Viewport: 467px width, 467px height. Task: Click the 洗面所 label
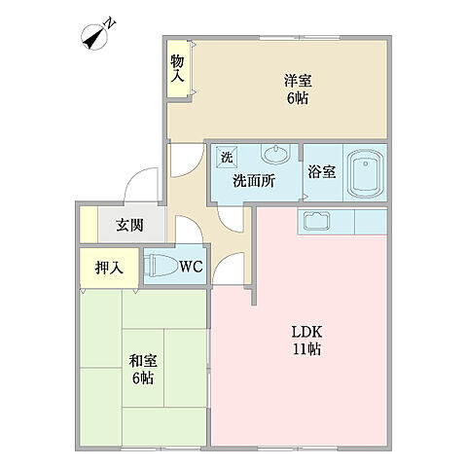click(252, 180)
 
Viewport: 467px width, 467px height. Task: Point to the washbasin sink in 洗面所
click(275, 156)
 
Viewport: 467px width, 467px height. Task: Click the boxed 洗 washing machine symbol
click(226, 158)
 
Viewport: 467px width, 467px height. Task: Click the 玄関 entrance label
click(130, 226)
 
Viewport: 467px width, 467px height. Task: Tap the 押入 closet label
click(108, 267)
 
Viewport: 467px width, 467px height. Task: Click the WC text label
click(190, 266)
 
